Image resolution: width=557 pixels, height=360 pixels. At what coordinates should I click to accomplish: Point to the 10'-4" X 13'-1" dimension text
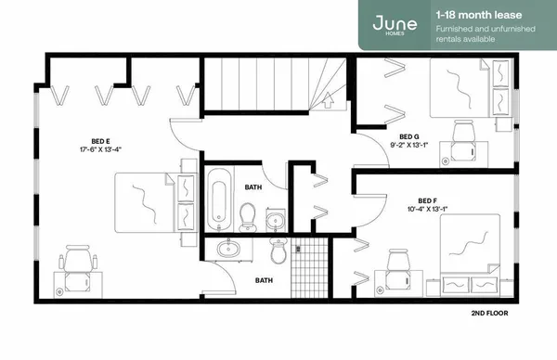tap(427, 209)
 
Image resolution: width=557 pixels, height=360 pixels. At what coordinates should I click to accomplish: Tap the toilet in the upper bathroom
tap(248, 217)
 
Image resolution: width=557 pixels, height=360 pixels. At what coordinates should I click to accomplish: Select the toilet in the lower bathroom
tap(278, 251)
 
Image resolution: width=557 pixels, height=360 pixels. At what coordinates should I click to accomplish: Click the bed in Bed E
tap(149, 202)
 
